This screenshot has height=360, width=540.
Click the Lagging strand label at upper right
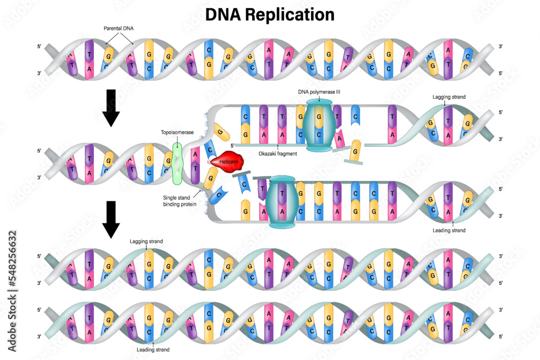(x=449, y=97)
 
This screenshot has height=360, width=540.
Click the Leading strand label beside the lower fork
(x=449, y=230)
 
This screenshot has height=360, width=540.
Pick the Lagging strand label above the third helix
(x=146, y=241)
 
